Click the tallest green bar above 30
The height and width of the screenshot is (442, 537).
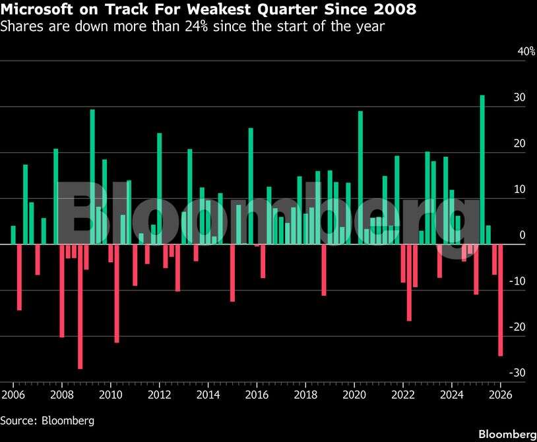point(482,169)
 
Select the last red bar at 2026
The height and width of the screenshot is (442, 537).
point(501,300)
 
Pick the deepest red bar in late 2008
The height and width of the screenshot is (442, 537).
point(80,306)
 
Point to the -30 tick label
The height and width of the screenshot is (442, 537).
point(519,373)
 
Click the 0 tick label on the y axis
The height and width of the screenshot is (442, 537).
point(522,235)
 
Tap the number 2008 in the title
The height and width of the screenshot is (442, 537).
point(396,10)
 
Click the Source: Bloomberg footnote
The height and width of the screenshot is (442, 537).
point(47,420)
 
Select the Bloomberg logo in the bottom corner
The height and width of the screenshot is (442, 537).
point(507,434)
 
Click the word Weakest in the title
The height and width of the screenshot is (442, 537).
point(222,10)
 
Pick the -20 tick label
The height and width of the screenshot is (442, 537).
point(519,327)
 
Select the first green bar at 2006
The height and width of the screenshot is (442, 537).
point(13,235)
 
